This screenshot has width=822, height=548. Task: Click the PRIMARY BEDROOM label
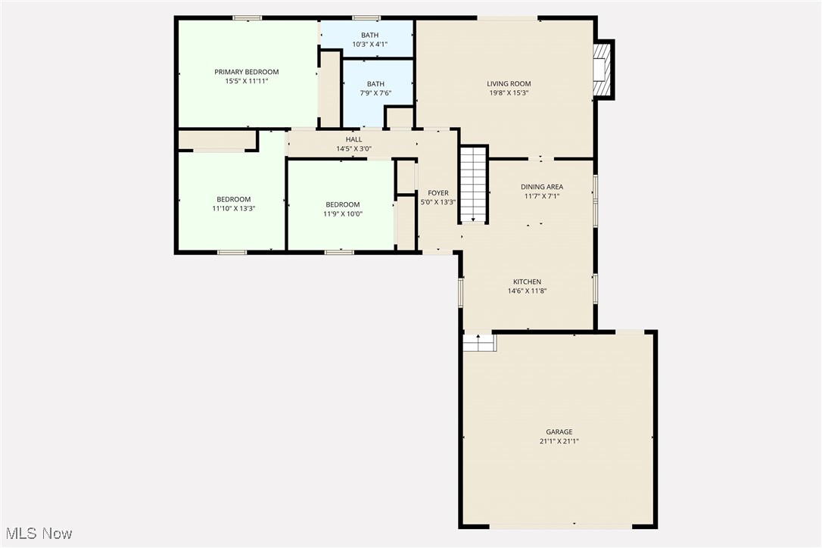[x=247, y=72]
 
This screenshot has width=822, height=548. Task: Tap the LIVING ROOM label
[x=509, y=83]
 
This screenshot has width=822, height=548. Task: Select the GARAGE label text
[x=559, y=432]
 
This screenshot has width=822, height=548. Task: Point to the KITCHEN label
[x=527, y=282]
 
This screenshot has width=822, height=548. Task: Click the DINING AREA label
[x=541, y=187]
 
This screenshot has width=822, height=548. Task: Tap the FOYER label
[x=437, y=193]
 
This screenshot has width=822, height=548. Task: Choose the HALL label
[x=354, y=139]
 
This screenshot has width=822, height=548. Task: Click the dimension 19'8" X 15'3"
[x=509, y=93]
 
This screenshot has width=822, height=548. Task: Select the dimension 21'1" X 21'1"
[x=559, y=441]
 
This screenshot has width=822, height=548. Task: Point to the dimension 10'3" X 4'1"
[x=369, y=45]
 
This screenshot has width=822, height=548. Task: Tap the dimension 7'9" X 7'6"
[x=375, y=93]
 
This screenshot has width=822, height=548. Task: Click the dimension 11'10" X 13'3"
[x=234, y=209]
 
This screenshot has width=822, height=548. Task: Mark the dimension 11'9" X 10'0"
[x=343, y=214]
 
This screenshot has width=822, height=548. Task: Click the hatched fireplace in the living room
[x=603, y=69]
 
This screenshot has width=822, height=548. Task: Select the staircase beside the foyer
[x=474, y=185]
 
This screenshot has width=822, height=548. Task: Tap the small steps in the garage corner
[x=479, y=342]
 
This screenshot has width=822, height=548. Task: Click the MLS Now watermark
[x=39, y=534]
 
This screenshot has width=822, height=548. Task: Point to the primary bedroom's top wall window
[x=247, y=18]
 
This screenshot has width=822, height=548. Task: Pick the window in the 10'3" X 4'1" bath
[x=366, y=18]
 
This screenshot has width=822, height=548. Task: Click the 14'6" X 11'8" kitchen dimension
[x=527, y=291]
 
